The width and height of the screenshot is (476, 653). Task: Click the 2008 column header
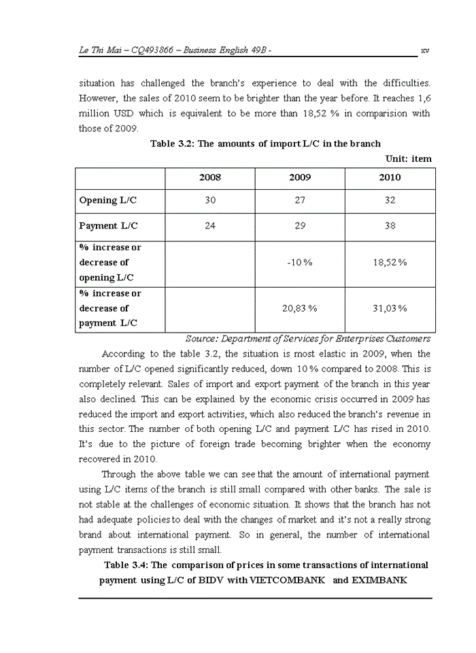[209, 178]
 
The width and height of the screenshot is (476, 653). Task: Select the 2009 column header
[300, 178]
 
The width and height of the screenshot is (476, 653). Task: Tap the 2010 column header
[390, 178]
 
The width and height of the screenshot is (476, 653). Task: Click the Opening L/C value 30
[209, 201]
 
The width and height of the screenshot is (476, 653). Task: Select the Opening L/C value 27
[300, 201]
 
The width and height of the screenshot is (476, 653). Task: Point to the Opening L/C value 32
[390, 201]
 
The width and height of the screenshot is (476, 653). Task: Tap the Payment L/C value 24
[209, 226]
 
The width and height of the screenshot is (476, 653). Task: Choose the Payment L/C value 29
[300, 226]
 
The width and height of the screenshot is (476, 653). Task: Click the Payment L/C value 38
[390, 226]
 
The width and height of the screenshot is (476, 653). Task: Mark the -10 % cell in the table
[300, 263]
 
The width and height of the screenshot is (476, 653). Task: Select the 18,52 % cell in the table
[390, 263]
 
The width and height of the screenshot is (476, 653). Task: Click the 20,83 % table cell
[300, 308]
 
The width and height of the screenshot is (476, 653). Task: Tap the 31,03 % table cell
[390, 308]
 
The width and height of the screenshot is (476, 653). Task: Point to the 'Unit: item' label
[408, 158]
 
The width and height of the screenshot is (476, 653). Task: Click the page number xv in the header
[425, 50]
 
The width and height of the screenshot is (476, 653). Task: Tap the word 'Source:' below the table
[202, 339]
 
